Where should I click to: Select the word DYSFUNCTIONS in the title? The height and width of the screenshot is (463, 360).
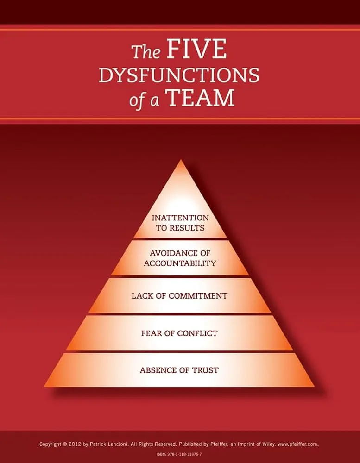tap(179, 75)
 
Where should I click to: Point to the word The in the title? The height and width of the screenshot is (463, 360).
tap(146, 52)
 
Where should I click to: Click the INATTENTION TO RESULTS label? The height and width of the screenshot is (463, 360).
tap(180, 223)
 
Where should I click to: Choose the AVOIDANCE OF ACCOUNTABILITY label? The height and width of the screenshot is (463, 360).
tap(180, 258)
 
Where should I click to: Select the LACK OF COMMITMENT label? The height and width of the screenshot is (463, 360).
tap(180, 296)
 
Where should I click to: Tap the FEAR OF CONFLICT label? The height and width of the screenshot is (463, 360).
tap(179, 333)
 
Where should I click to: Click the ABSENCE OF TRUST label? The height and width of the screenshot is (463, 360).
tap(179, 370)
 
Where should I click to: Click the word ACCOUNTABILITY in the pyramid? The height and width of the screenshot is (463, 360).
tap(180, 263)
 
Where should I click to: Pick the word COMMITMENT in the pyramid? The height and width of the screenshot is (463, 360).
tap(198, 296)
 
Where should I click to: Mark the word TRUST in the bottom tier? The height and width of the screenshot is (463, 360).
tap(205, 370)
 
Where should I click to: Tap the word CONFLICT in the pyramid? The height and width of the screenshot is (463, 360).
tap(197, 333)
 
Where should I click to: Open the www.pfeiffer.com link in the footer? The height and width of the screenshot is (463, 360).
tap(298, 444)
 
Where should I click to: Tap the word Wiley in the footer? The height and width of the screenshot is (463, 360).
tap(269, 444)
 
